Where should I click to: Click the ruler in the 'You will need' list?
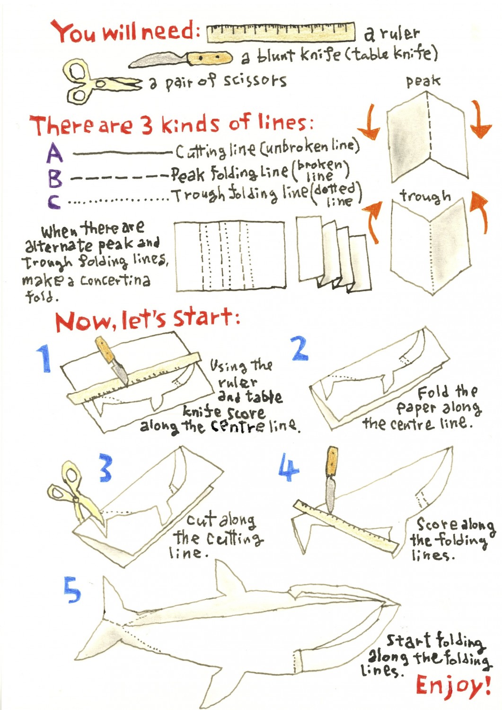tap(281, 32)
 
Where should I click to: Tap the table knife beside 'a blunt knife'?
tap(181, 59)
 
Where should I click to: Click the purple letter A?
tap(55, 152)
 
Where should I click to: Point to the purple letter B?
tap(56, 179)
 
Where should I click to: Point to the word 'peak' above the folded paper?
tap(423, 81)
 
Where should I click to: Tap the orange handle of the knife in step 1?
tap(106, 350)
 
